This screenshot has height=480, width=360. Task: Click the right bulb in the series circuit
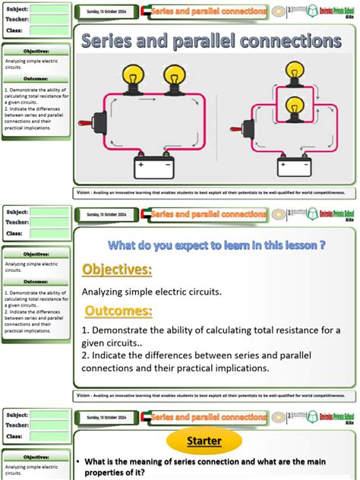coord(174,77)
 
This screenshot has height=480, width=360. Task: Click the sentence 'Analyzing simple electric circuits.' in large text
coord(151,291)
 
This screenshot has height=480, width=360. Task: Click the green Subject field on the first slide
coord(49,10)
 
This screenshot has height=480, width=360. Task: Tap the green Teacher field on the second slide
coord(49,222)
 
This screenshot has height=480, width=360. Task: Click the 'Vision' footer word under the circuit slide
coord(87,191)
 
